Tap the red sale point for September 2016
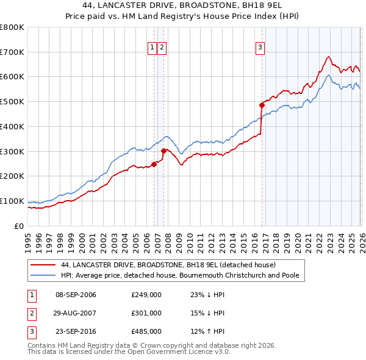262,105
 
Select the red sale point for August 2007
163,151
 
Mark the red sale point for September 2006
154,164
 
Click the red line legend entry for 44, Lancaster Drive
168,265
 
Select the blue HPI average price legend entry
179,275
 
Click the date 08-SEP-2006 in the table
76,295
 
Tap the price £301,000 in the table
146,313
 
